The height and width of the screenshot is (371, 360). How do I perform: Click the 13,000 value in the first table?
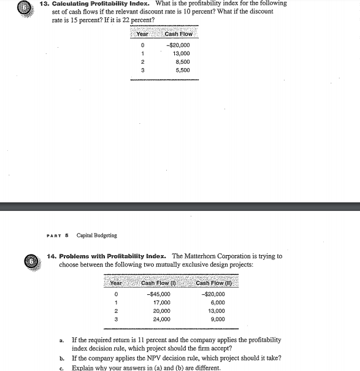(182, 53)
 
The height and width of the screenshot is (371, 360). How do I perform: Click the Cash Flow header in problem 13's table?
(179, 34)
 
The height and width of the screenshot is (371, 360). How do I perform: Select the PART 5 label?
(57, 235)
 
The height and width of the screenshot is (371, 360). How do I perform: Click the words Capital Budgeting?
(96, 235)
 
